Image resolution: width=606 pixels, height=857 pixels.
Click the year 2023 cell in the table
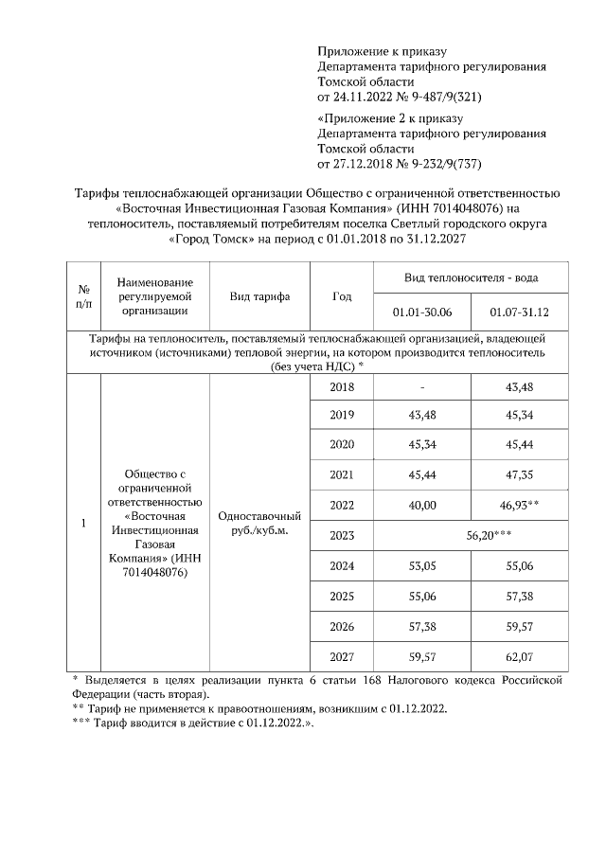(x=342, y=535)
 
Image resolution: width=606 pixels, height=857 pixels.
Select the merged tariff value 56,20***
(x=489, y=535)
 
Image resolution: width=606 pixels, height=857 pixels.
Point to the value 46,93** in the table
(x=520, y=505)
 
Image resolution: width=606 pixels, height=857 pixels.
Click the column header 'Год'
(x=342, y=296)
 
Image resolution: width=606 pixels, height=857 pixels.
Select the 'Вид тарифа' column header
(x=259, y=296)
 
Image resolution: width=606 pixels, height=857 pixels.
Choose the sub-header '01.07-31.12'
(x=520, y=312)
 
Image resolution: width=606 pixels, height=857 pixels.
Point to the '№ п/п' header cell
(x=83, y=296)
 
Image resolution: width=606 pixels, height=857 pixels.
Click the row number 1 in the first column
(x=83, y=523)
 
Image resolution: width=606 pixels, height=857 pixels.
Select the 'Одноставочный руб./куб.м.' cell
(x=259, y=523)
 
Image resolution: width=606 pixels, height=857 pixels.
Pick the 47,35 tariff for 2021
(x=520, y=474)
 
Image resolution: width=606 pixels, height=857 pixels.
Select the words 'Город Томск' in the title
(x=210, y=240)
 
